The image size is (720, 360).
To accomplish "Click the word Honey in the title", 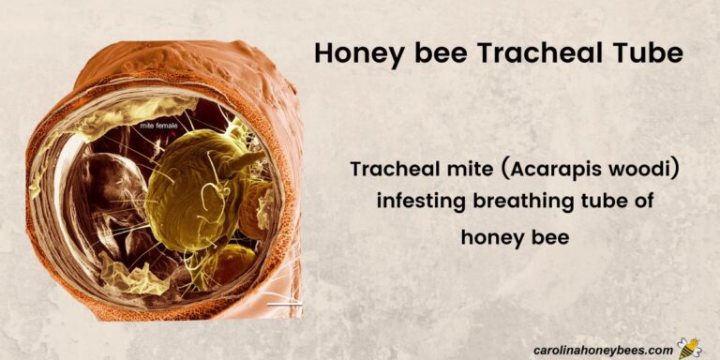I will (355, 53).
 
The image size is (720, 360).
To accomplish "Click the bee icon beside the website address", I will (689, 348).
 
